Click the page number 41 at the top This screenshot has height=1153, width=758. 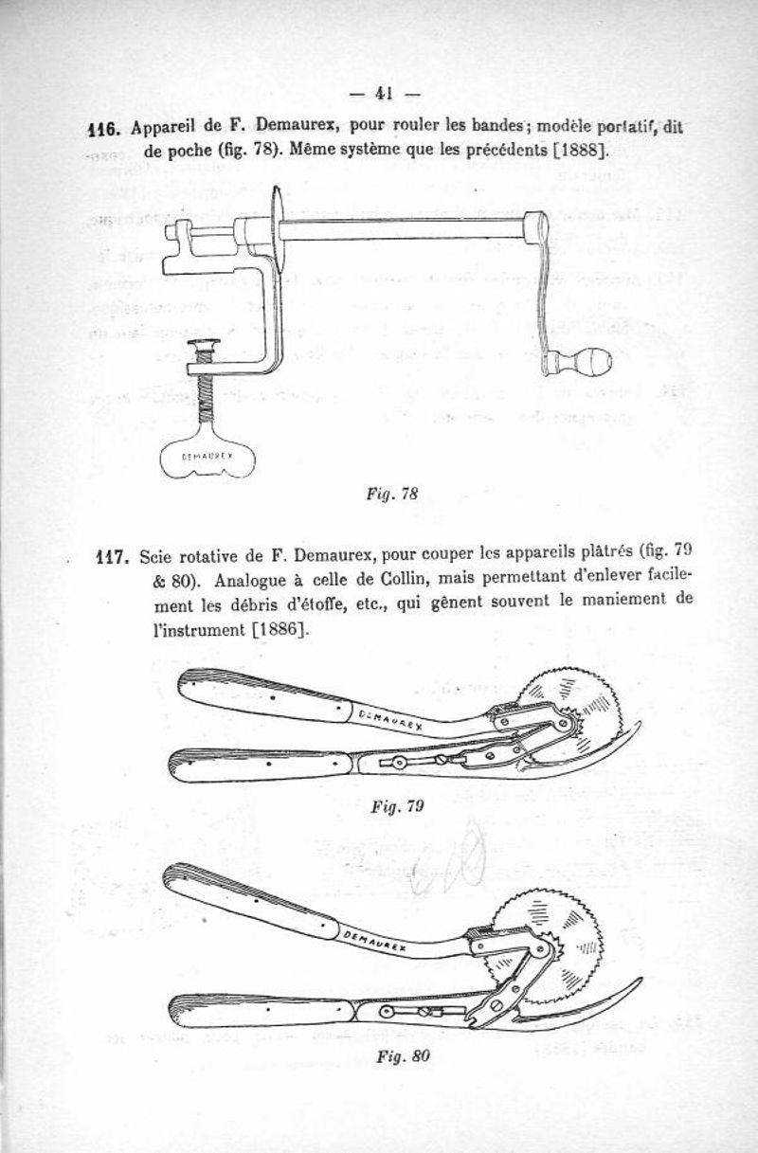click(384, 94)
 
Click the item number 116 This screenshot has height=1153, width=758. click(104, 128)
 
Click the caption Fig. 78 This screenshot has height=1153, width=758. click(392, 495)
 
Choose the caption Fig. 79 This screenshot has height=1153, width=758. click(397, 806)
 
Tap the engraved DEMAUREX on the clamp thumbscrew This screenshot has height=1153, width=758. click(208, 456)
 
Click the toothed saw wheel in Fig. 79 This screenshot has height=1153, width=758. click(572, 717)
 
